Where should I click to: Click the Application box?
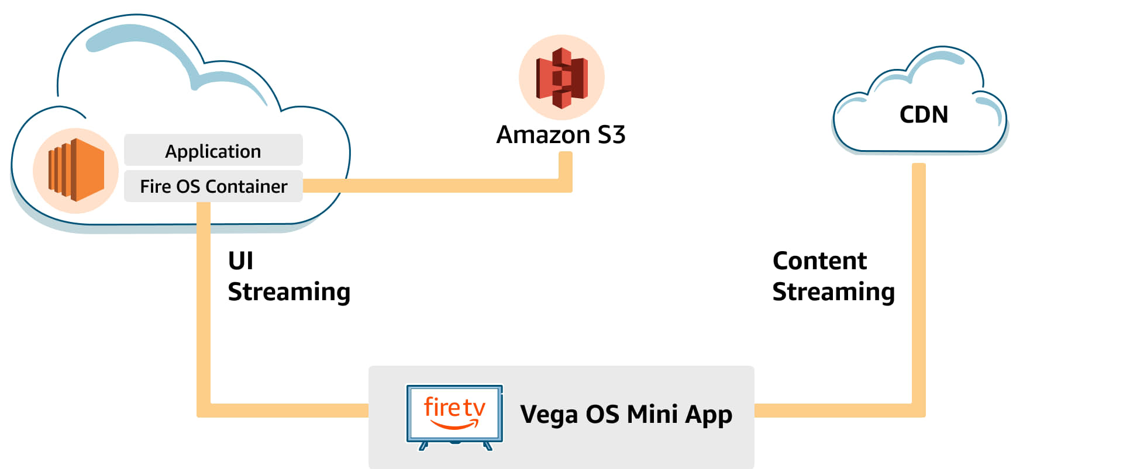(213, 151)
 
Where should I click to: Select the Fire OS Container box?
(213, 186)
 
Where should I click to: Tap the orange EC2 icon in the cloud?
(76, 170)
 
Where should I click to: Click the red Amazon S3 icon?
(561, 78)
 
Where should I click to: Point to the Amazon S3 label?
(560, 135)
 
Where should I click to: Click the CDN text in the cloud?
(924, 114)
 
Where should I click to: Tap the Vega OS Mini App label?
(626, 415)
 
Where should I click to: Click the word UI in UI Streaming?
(240, 261)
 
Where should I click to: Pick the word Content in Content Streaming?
(819, 261)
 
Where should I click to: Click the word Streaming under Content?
(833, 292)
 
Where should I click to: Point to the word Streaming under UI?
(289, 292)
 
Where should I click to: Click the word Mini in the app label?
(652, 414)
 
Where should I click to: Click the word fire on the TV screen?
(442, 407)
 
